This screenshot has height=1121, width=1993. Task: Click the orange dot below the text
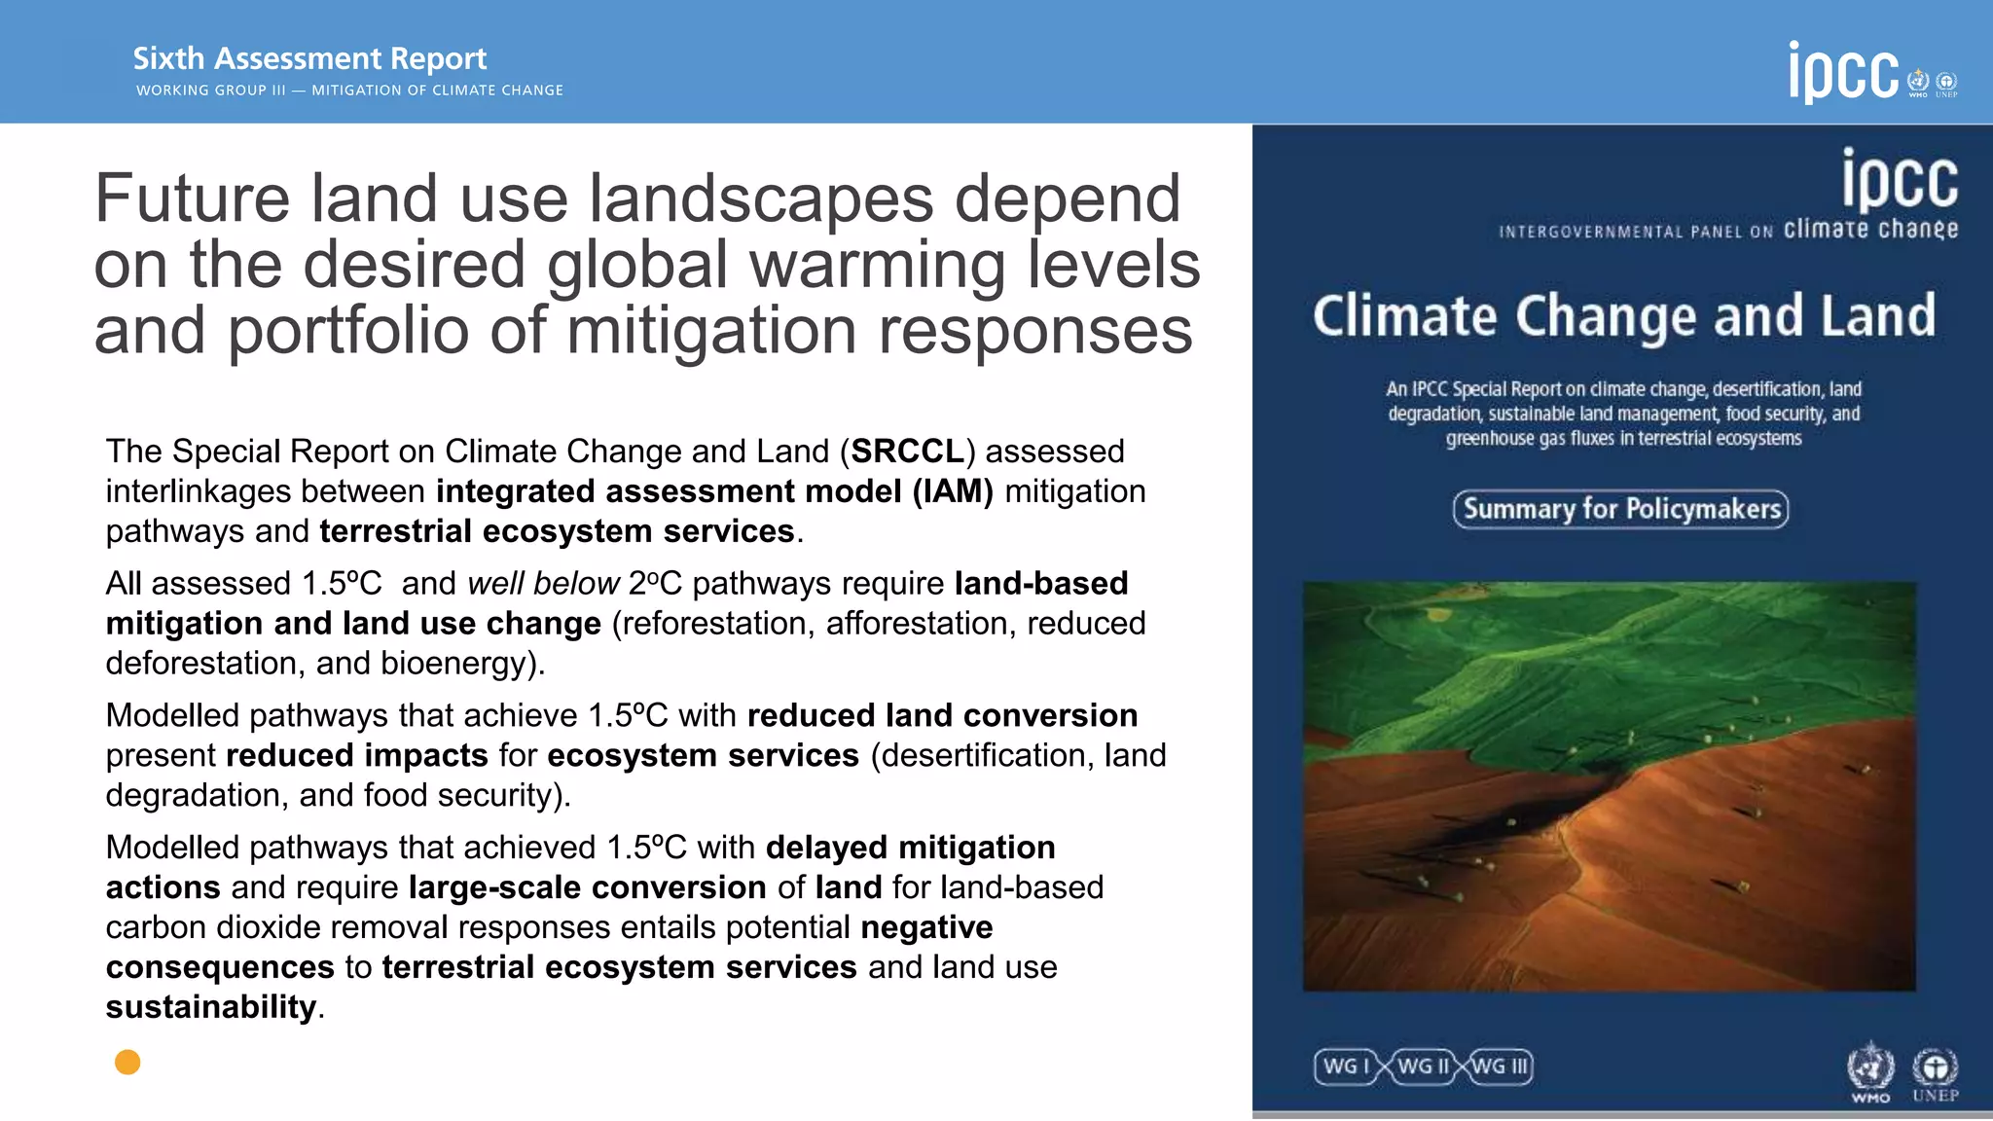(x=127, y=1062)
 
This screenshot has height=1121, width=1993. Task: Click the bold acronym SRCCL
(x=907, y=452)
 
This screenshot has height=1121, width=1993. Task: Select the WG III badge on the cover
(x=1501, y=1067)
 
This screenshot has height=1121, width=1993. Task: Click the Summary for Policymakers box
(x=1620, y=509)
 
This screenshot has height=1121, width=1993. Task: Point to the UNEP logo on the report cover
(x=1935, y=1071)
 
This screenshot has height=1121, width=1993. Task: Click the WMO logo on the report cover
(x=1869, y=1069)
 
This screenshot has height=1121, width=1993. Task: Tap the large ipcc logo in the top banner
(x=1843, y=72)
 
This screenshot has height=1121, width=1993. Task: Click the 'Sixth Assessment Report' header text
(x=309, y=58)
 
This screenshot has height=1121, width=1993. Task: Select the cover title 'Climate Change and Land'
(x=1623, y=316)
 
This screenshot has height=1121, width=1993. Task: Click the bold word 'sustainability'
(x=211, y=1007)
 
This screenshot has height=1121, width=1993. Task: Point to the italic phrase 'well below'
(x=543, y=584)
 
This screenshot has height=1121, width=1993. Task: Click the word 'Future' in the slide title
(x=192, y=199)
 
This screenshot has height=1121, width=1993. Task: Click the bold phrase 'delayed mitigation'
(x=910, y=848)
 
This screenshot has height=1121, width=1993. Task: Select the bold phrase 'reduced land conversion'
(x=942, y=715)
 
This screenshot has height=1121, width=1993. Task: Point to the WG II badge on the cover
(x=1423, y=1067)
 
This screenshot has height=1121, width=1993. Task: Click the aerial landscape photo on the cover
(x=1609, y=786)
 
